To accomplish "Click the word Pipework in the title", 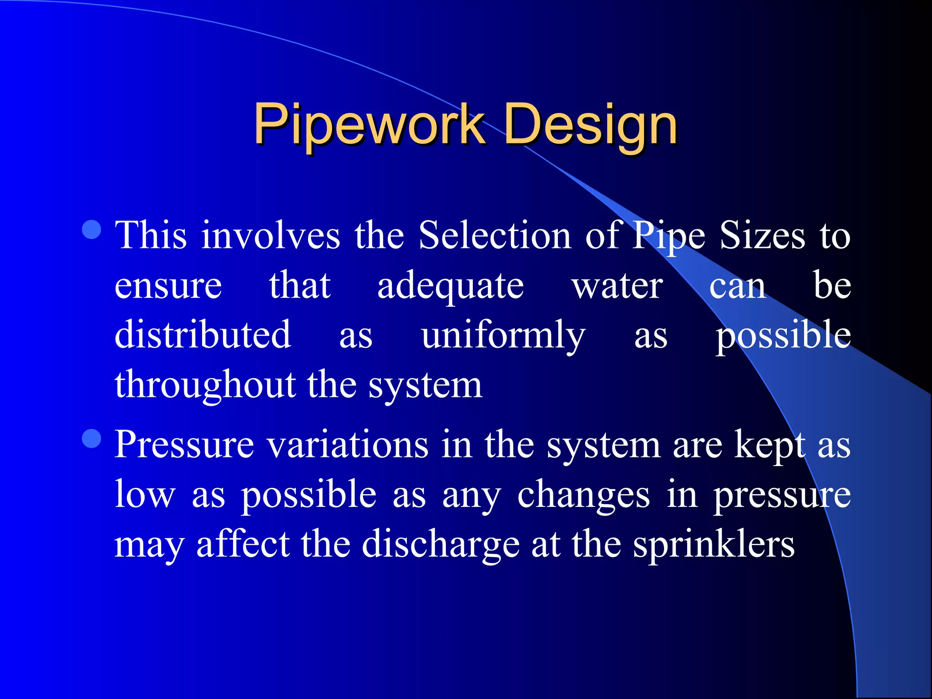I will pyautogui.click(x=369, y=124).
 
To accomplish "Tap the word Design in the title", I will pyautogui.click(x=591, y=124).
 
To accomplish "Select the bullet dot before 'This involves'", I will pyautogui.click(x=92, y=230).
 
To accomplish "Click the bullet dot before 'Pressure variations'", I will pyautogui.click(x=92, y=439).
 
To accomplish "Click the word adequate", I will pyautogui.click(x=451, y=287).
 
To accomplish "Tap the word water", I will pyautogui.click(x=617, y=287).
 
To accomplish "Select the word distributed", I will pyautogui.click(x=203, y=335).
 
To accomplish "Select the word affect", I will pyautogui.click(x=243, y=544).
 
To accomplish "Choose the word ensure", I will pyautogui.click(x=168, y=287).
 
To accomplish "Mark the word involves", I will pyautogui.click(x=271, y=236).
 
